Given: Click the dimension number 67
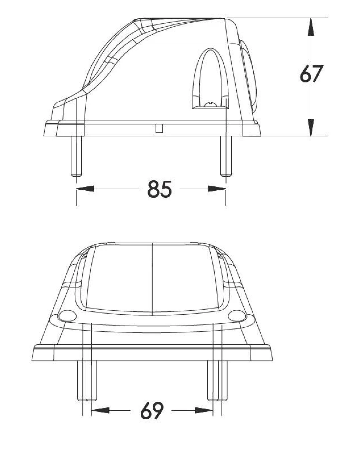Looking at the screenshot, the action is (x=311, y=73).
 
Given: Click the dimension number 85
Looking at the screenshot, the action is (x=159, y=189).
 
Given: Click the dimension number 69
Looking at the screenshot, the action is (x=152, y=410).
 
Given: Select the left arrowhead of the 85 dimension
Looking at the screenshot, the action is (x=85, y=189).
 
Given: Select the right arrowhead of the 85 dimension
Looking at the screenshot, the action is (x=217, y=189).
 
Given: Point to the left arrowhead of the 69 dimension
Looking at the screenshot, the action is (x=100, y=410).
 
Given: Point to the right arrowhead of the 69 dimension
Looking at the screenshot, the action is (x=204, y=410).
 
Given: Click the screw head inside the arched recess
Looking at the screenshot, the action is (x=210, y=104).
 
